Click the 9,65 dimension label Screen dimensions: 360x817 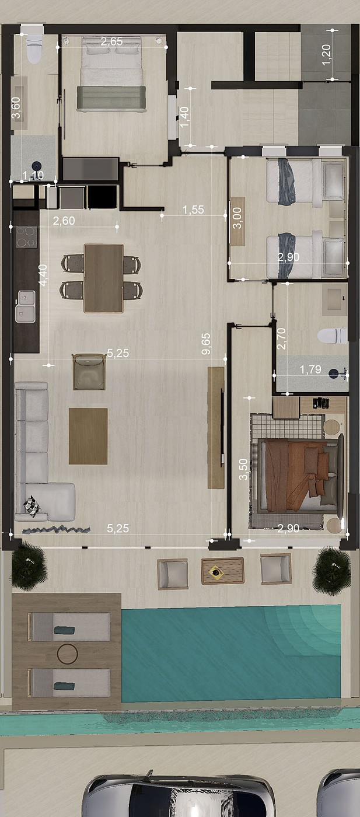click(x=206, y=344)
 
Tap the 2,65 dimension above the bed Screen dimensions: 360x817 click(x=111, y=41)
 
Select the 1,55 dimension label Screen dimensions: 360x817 click(x=193, y=210)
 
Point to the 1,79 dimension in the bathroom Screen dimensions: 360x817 click(x=310, y=369)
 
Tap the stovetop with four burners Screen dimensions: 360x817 click(x=26, y=237)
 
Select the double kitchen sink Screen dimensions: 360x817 click(x=25, y=306)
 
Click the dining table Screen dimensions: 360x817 click(x=104, y=278)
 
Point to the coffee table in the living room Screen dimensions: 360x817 click(x=88, y=436)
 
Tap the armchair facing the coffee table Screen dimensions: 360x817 click(x=89, y=372)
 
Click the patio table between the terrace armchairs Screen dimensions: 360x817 click(x=222, y=571)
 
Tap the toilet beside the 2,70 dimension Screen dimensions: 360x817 click(x=332, y=336)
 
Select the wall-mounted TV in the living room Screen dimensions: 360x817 click(x=221, y=427)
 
